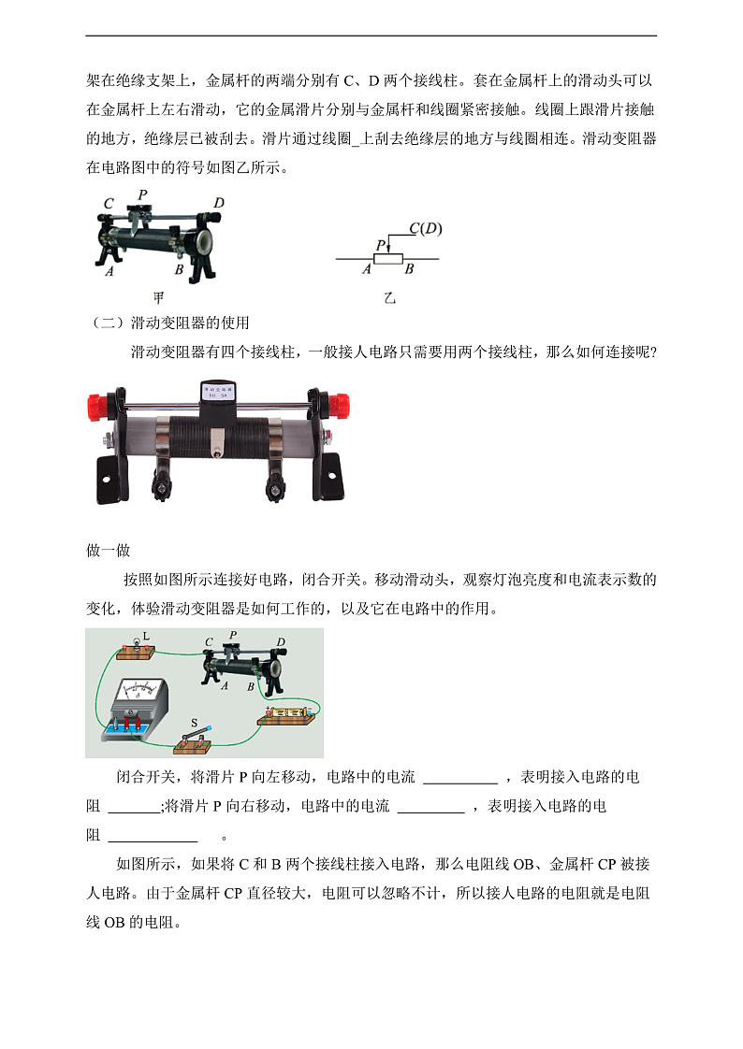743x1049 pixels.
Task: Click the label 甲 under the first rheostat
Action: coord(159,298)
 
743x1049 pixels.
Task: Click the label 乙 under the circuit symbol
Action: coord(389,298)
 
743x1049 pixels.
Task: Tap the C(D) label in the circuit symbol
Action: coord(426,228)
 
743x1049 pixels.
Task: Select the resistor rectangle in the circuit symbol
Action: coord(387,258)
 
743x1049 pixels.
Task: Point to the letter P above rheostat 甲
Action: coord(142,195)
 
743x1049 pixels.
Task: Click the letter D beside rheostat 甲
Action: coord(218,203)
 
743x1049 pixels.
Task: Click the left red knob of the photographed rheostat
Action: coord(98,407)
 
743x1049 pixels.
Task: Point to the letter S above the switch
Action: coord(194,723)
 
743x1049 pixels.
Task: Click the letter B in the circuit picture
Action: coord(251,687)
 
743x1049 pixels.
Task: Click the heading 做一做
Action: coord(108,551)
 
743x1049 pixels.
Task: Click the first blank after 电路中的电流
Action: coord(460,778)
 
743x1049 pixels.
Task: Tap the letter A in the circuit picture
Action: coord(225,685)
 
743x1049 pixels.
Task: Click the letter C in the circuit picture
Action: coord(209,642)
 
